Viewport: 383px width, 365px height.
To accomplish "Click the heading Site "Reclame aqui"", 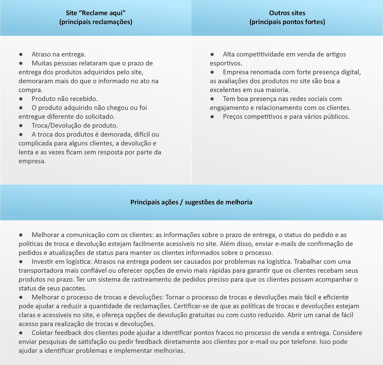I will (x=96, y=13).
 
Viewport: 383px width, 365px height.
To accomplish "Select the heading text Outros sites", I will (x=287, y=13).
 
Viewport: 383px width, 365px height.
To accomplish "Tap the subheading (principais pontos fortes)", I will (x=287, y=22).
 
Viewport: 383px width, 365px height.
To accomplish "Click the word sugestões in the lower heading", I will (x=201, y=202).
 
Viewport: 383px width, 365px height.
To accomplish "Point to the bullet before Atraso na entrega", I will (x=21, y=55).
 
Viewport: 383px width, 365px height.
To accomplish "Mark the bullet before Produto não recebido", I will (x=21, y=99).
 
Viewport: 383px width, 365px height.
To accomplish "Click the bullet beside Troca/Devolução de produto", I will (x=21, y=126).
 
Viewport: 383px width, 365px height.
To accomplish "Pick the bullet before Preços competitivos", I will (x=212, y=117).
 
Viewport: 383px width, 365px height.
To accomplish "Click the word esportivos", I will (x=226, y=63).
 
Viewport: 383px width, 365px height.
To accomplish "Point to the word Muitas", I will (x=42, y=63).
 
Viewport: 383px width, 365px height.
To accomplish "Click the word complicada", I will (x=35, y=143).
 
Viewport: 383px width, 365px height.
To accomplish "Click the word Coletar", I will (x=42, y=333).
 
